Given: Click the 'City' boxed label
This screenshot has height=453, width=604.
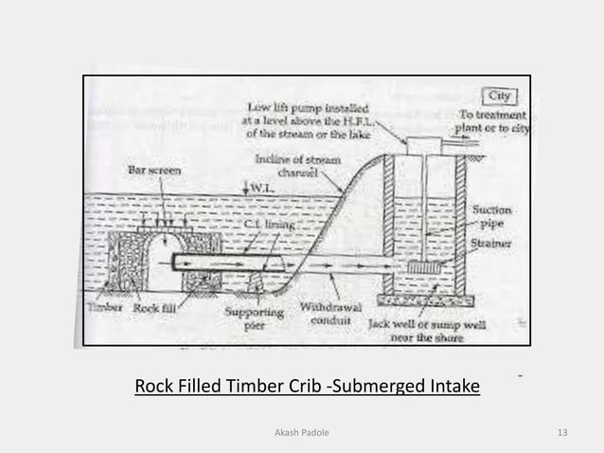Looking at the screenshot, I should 500,96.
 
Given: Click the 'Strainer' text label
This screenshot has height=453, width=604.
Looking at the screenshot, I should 492,245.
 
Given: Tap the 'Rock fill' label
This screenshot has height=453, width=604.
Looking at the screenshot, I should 154,308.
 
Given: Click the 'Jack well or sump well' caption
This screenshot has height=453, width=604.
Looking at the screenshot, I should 427,329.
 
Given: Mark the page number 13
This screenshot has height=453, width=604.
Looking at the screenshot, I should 563,433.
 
